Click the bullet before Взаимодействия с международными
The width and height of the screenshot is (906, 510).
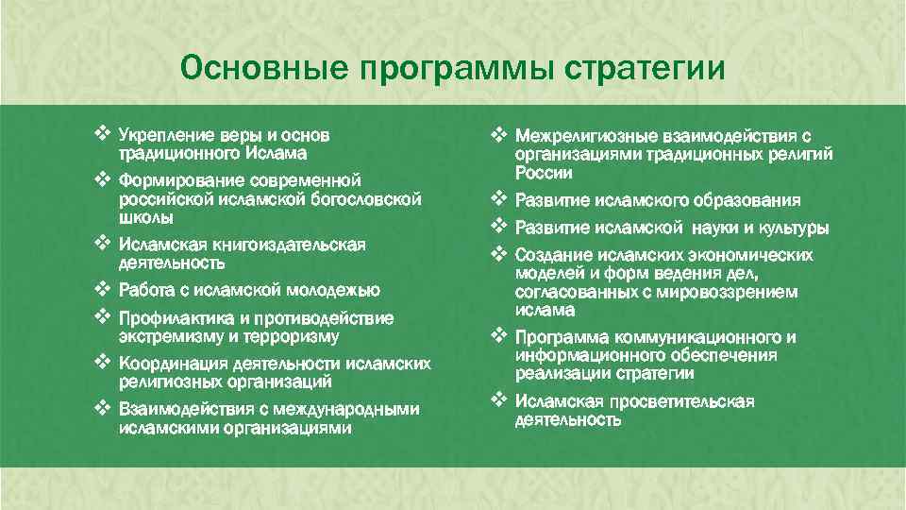coord(103,408)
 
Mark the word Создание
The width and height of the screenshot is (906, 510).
coord(551,256)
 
